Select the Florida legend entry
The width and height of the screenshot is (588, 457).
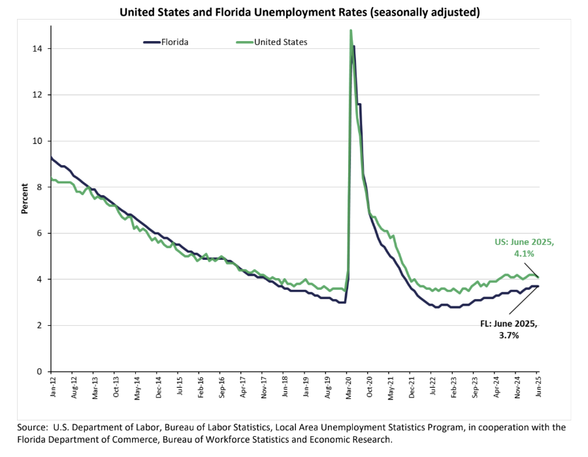pos(167,42)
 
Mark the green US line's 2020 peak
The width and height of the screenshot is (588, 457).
pos(351,30)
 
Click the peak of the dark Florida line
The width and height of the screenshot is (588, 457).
pos(354,46)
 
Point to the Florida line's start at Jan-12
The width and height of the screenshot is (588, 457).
pos(51,157)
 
